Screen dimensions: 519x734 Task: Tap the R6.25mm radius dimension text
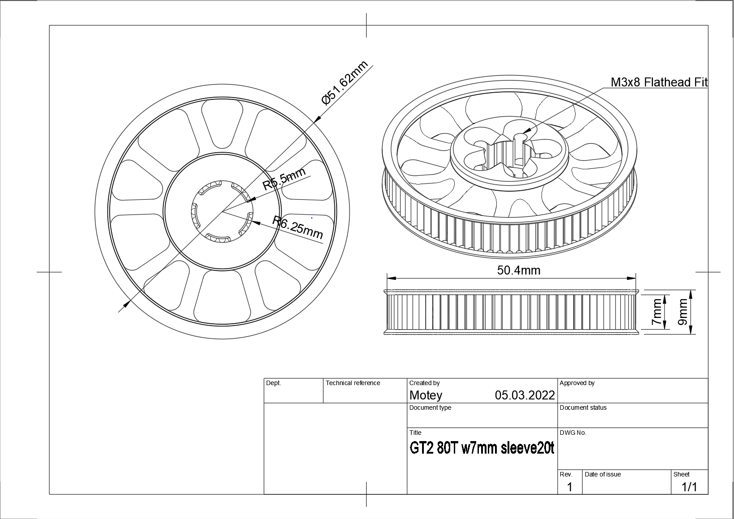[x=298, y=227]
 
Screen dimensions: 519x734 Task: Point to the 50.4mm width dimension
[x=518, y=270]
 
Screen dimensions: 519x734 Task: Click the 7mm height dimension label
[x=657, y=312]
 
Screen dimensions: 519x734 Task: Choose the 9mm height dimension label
[x=683, y=312]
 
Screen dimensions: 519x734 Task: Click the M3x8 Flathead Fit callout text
[x=659, y=82]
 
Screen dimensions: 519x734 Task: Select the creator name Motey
[x=426, y=395]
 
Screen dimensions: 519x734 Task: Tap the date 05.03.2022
[x=525, y=395]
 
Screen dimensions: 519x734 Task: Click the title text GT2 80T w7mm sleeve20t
[x=482, y=448]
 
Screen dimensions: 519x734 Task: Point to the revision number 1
[x=569, y=487]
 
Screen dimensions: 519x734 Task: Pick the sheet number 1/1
[x=689, y=487]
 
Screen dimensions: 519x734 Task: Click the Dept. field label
[x=273, y=383]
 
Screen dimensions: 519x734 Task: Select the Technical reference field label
[x=353, y=383]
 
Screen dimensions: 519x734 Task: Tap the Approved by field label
[x=577, y=383]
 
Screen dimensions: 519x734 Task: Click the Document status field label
[x=583, y=408]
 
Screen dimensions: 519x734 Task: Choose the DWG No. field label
[x=573, y=433]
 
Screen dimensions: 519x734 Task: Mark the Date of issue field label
[x=602, y=475]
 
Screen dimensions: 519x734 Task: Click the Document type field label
[x=430, y=408]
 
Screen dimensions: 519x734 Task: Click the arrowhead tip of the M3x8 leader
[x=522, y=134]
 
